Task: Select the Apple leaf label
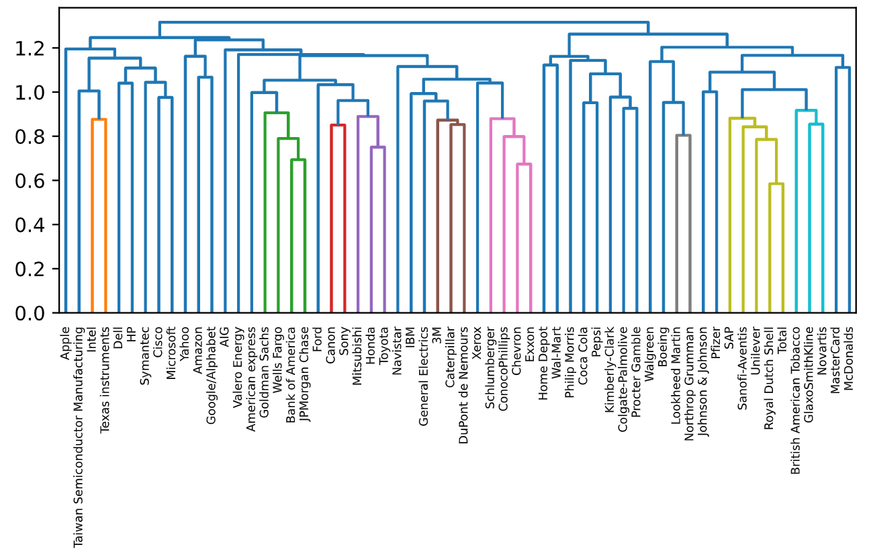tap(66, 343)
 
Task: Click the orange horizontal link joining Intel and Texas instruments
tap(99, 120)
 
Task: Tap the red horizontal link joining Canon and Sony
tap(338, 125)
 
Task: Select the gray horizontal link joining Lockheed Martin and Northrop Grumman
tap(684, 136)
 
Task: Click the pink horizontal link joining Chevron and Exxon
tap(524, 164)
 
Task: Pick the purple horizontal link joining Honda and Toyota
tap(378, 147)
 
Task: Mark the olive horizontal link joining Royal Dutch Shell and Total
tap(776, 184)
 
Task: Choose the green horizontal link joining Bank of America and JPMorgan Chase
tap(298, 160)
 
